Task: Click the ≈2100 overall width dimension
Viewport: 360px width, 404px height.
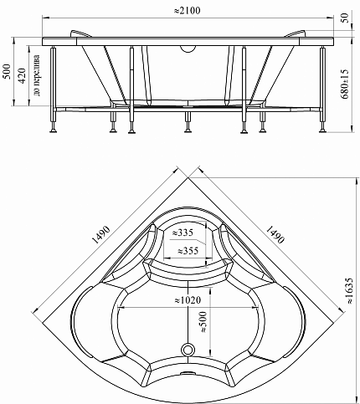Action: point(188,10)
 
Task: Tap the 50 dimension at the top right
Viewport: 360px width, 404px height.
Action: point(345,18)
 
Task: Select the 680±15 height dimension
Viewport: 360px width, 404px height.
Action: point(345,84)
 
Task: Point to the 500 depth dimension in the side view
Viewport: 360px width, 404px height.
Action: point(7,71)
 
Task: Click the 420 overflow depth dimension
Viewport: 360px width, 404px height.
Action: point(22,75)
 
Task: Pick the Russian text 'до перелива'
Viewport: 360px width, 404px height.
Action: point(37,75)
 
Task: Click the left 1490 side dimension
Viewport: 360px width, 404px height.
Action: point(101,235)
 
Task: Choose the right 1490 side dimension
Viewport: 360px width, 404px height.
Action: point(275,234)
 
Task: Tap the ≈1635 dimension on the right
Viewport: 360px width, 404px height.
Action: point(349,290)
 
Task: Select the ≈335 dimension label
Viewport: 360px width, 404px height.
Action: point(183,233)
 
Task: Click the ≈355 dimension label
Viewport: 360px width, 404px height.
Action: point(188,251)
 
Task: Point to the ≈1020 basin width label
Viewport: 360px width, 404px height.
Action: point(188,300)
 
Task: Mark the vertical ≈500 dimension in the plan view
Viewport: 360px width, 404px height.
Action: point(203,322)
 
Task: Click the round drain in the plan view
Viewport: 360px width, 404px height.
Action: point(188,349)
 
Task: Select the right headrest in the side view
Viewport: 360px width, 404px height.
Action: point(296,33)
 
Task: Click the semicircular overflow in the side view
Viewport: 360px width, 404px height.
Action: point(188,49)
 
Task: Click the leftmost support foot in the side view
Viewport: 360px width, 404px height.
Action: point(53,129)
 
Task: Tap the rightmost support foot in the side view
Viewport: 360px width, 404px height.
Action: point(323,129)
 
